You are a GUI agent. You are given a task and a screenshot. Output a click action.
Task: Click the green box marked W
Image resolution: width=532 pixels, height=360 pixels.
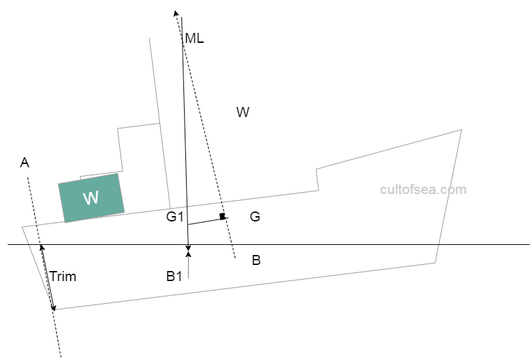[92, 198]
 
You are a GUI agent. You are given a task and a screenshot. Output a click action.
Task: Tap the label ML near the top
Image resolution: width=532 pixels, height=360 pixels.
[194, 38]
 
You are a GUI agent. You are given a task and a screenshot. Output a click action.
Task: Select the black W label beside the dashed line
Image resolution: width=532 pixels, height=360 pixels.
[243, 112]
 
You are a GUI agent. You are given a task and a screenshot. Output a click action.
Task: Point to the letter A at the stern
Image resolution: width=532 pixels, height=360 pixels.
[25, 163]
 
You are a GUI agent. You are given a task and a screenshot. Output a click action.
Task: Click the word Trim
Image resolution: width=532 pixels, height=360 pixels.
[63, 276]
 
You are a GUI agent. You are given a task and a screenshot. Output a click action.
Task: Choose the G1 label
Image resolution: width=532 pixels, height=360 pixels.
[175, 217]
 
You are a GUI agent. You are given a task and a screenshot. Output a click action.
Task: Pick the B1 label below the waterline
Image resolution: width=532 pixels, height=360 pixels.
[174, 276]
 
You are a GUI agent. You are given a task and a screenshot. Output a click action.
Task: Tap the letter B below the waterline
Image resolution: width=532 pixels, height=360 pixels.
[256, 261]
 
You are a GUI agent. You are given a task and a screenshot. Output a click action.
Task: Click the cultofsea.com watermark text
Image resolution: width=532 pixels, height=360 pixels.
[423, 189]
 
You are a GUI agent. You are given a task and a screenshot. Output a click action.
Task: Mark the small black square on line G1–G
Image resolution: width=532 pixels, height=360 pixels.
[223, 216]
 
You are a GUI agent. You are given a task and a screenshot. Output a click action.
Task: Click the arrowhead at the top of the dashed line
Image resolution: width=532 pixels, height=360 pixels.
[176, 13]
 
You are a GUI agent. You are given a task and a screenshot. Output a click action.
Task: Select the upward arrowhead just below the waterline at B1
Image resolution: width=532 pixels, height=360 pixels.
[189, 251]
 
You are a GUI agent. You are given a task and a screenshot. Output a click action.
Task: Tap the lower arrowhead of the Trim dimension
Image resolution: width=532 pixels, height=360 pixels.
[54, 307]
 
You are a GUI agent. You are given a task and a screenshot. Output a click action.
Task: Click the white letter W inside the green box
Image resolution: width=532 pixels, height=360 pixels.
[90, 198]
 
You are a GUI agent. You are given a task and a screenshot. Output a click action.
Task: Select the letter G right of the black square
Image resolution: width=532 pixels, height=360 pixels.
[254, 217]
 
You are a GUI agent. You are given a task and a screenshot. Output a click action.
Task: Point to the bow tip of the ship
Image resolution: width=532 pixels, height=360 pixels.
[462, 130]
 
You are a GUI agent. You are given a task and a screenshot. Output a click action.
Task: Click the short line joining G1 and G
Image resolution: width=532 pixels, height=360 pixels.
[204, 221]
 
